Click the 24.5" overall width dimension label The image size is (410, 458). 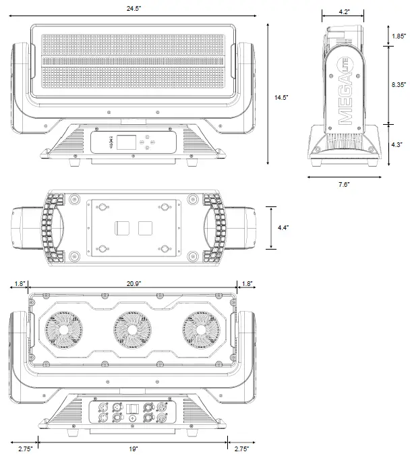[x=132, y=9]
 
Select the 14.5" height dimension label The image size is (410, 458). [x=281, y=98]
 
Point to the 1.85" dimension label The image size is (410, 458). [x=399, y=36]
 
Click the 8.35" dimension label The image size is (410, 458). [x=399, y=85]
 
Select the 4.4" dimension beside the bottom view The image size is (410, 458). [x=283, y=228]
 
